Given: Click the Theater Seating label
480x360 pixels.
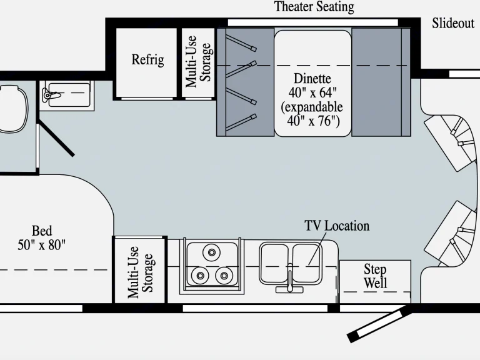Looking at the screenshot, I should pyautogui.click(x=314, y=7).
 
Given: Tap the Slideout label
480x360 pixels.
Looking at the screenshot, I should pyautogui.click(x=453, y=24).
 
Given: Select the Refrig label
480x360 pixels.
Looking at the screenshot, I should pyautogui.click(x=147, y=60).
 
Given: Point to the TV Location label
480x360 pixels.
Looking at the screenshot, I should pyautogui.click(x=337, y=226).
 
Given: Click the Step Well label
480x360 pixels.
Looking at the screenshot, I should pyautogui.click(x=375, y=276).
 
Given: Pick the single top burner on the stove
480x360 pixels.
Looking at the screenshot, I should pyautogui.click(x=211, y=252).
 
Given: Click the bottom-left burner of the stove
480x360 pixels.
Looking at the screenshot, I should pyautogui.click(x=201, y=274).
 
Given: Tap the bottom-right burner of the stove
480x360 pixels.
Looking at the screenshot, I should pyautogui.click(x=222, y=274).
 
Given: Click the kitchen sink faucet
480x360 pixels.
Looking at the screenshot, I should pyautogui.click(x=290, y=285).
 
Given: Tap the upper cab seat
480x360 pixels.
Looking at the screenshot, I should pyautogui.click(x=451, y=138).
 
